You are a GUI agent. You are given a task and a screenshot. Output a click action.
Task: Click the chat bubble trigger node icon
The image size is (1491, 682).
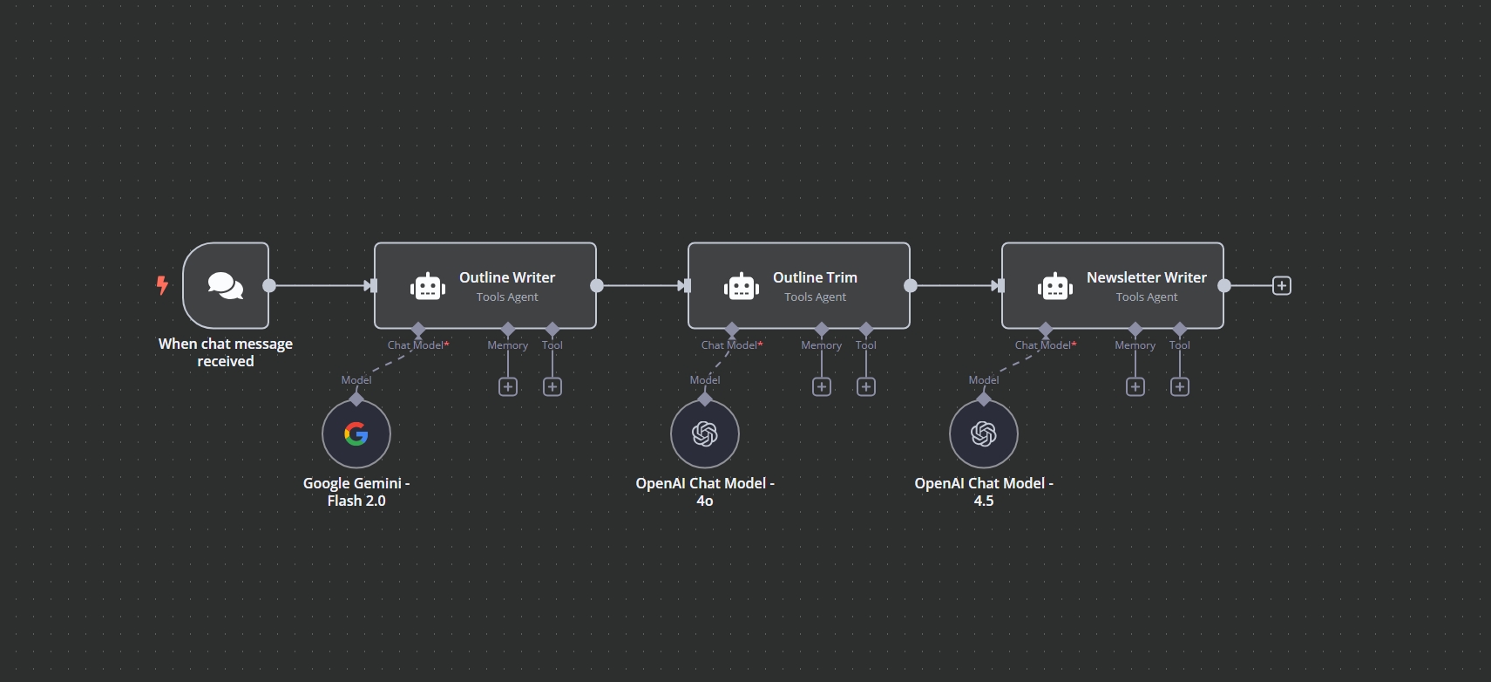pyautogui.click(x=226, y=285)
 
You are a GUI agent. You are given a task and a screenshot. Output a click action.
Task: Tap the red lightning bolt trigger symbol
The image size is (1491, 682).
pyautogui.click(x=162, y=285)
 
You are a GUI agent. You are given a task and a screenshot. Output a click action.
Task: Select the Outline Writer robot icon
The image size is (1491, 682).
pyautogui.click(x=428, y=286)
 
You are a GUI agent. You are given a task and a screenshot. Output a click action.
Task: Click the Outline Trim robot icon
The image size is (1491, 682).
pyautogui.click(x=742, y=286)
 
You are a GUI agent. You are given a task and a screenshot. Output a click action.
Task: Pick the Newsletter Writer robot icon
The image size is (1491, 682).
pyautogui.click(x=1055, y=286)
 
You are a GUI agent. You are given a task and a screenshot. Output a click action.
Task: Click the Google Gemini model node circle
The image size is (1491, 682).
pyautogui.click(x=356, y=433)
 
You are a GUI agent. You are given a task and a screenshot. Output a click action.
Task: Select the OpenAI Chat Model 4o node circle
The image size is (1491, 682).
pyautogui.click(x=705, y=433)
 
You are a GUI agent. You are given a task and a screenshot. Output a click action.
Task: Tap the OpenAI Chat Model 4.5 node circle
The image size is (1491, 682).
pyautogui.click(x=984, y=433)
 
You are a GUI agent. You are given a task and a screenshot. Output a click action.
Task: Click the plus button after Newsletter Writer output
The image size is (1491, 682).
pyautogui.click(x=1282, y=285)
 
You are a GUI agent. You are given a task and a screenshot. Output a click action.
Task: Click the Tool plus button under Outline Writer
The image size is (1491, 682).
pyautogui.click(x=552, y=386)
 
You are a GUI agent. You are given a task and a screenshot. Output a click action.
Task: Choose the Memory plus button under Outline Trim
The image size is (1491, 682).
pyautogui.click(x=822, y=386)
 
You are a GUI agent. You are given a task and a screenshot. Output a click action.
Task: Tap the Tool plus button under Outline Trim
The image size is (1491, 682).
pyautogui.click(x=866, y=386)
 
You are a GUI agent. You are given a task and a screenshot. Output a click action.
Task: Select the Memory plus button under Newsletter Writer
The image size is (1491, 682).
pyautogui.click(x=1135, y=386)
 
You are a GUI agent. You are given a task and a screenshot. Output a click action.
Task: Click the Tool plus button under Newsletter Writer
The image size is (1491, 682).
pyautogui.click(x=1180, y=386)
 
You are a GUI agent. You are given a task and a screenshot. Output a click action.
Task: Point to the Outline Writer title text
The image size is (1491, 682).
pyautogui.click(x=507, y=277)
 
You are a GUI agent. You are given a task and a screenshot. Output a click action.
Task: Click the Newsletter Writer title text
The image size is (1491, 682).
pyautogui.click(x=1146, y=277)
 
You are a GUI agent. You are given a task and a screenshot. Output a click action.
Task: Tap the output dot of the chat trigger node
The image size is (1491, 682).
pyautogui.click(x=269, y=285)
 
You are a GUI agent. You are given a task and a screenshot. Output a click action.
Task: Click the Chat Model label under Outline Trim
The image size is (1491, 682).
pyautogui.click(x=730, y=345)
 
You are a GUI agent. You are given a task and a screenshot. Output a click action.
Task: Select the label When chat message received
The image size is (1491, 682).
pyautogui.click(x=226, y=352)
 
